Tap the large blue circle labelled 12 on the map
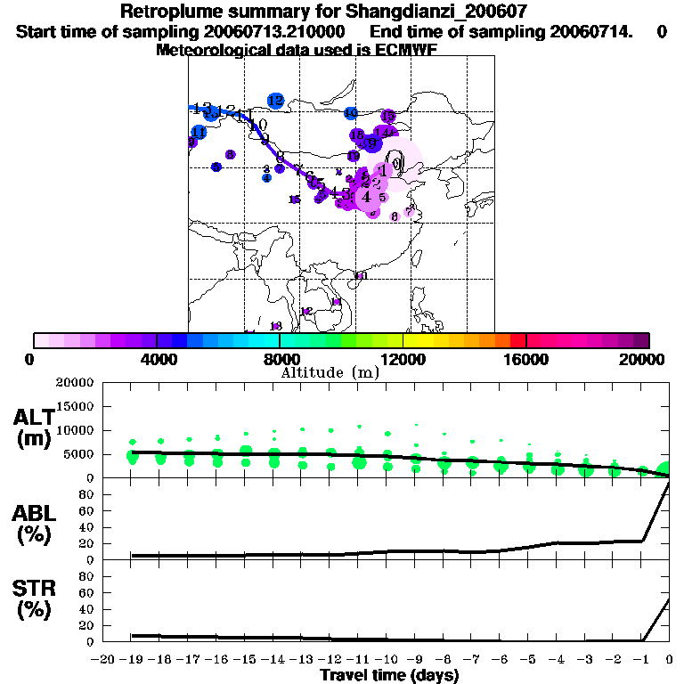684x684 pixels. pyautogui.click(x=275, y=101)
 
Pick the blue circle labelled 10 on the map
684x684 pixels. pyautogui.click(x=351, y=113)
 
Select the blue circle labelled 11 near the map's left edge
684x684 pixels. pyautogui.click(x=199, y=132)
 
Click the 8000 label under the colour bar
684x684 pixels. pyautogui.click(x=279, y=359)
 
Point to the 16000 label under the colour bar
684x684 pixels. pyautogui.click(x=525, y=359)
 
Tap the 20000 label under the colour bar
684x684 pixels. pyautogui.click(x=647, y=359)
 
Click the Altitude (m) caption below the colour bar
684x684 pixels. pyautogui.click(x=330, y=372)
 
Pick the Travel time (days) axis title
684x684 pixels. pyautogui.click(x=389, y=675)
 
